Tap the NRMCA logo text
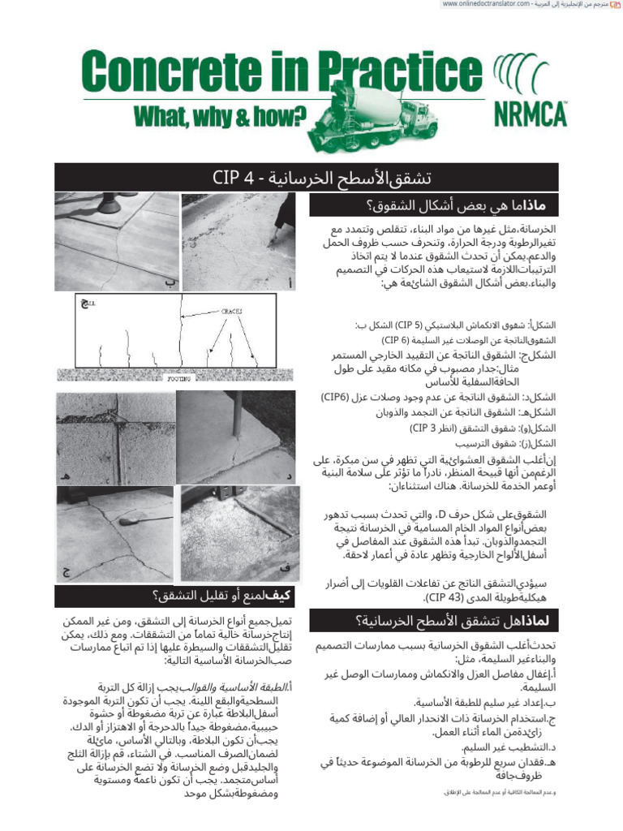tap(530, 114)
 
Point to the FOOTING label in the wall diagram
tap(178, 378)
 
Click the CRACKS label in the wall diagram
tap(233, 311)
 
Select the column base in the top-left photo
tap(106, 203)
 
